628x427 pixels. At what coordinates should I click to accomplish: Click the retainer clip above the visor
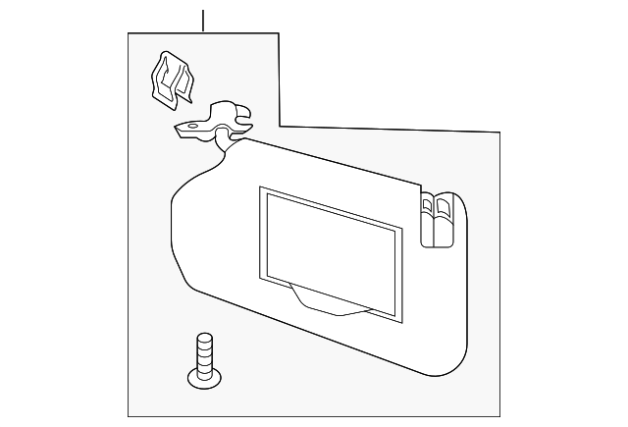[170, 79]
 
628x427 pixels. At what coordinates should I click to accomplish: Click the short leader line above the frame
[203, 20]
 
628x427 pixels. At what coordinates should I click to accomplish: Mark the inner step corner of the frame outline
[280, 126]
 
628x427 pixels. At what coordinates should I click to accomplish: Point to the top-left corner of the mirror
[260, 188]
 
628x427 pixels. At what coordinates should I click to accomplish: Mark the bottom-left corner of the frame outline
[130, 415]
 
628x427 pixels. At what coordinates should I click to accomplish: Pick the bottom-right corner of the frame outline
[501, 415]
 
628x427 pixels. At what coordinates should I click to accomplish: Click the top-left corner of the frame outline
[130, 32]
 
